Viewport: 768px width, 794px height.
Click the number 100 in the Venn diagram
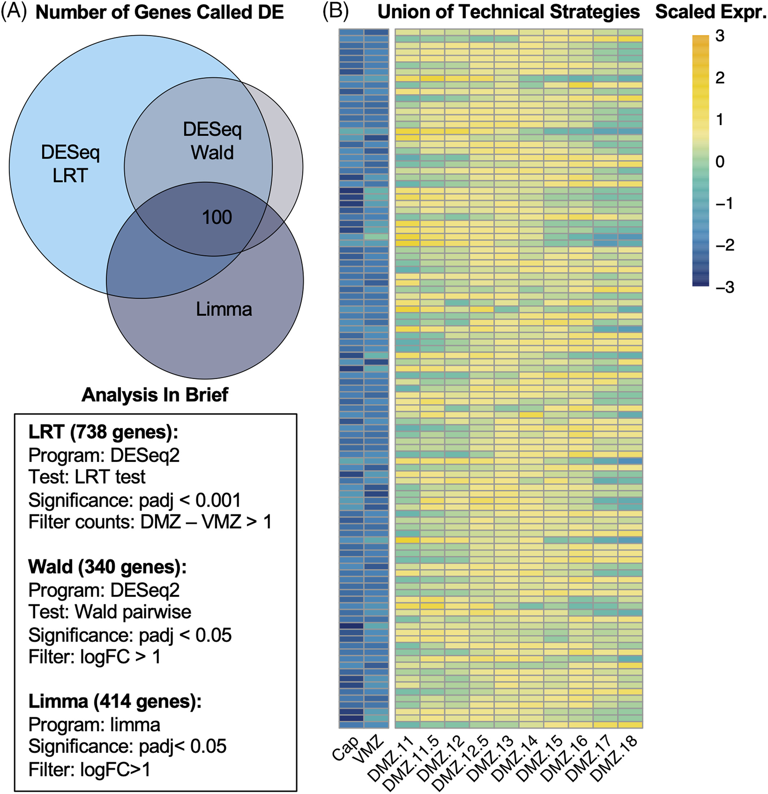(217, 218)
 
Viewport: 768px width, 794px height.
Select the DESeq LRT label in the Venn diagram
(70, 164)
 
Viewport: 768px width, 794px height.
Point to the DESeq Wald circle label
(212, 141)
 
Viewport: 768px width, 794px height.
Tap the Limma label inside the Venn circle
(224, 310)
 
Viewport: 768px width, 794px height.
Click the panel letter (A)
(14, 12)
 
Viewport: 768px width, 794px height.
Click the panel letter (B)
(335, 12)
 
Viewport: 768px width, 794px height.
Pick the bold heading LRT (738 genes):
(103, 433)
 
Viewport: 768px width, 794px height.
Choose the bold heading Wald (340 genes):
(107, 567)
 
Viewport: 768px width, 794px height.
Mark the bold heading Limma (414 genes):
(115, 702)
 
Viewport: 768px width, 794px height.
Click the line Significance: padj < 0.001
(135, 500)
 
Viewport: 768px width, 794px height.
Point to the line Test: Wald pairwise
(109, 612)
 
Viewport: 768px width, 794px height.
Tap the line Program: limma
(94, 725)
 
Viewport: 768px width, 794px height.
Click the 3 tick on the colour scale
(720, 36)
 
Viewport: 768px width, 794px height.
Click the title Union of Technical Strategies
(508, 12)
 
